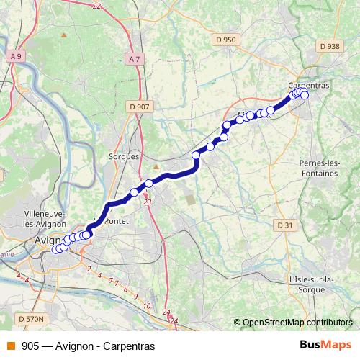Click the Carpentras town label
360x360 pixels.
[312, 85]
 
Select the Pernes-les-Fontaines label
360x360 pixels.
[318, 168]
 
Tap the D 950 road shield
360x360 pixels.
[226, 40]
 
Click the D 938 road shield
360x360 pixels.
[328, 45]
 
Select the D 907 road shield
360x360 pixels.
[141, 107]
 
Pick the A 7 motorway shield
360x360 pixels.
[133, 58]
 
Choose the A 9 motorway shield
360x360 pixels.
[16, 55]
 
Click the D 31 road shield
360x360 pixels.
[285, 225]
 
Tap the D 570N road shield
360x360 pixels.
[30, 318]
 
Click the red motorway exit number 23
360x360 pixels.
[148, 203]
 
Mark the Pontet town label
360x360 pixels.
[117, 221]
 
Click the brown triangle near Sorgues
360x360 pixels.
[155, 146]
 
